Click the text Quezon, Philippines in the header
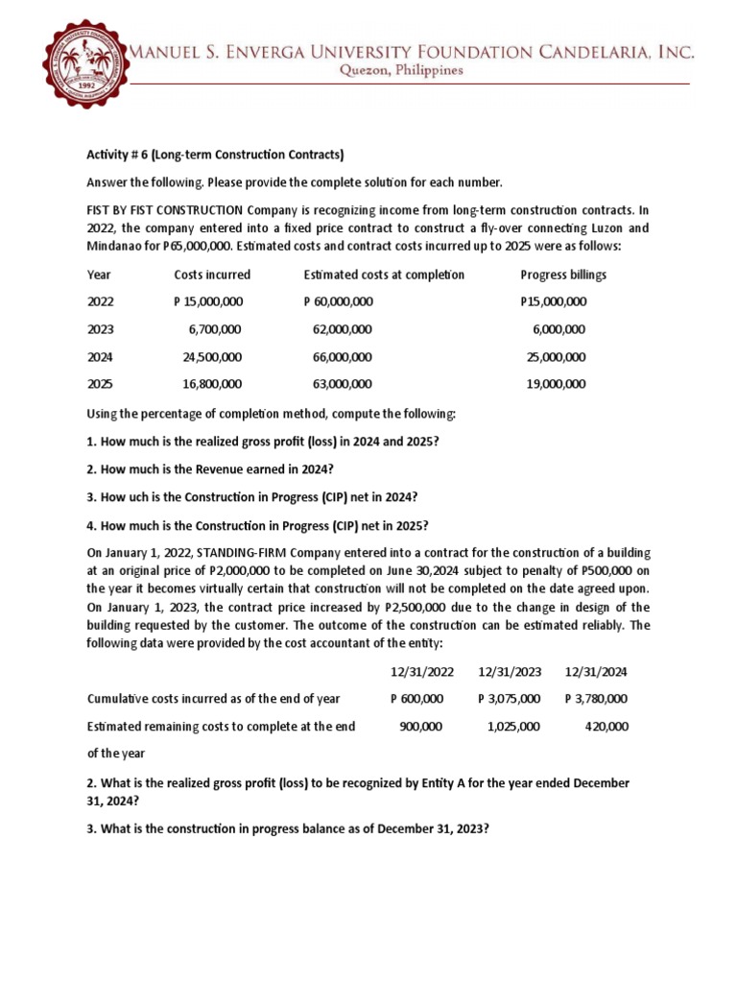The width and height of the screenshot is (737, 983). click(409, 70)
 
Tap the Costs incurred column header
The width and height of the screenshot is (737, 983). click(212, 275)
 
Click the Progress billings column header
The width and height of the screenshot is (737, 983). click(563, 275)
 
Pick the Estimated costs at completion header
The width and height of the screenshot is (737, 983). click(384, 275)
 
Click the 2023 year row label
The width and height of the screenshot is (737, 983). click(101, 329)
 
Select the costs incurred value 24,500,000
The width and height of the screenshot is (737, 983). click(212, 357)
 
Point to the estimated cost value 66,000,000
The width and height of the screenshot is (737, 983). click(342, 357)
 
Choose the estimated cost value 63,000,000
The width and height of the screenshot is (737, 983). click(342, 384)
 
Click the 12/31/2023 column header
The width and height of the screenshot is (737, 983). click(509, 671)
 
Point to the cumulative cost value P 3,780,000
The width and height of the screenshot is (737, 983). click(597, 699)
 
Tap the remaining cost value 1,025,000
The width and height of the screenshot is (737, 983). click(513, 727)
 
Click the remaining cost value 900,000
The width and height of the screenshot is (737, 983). click(420, 727)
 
